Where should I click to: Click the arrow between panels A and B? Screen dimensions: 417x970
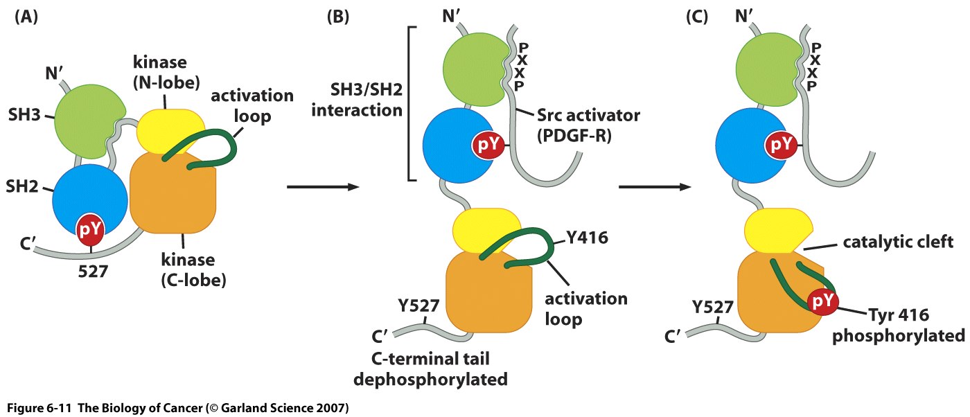pyautogui.click(x=323, y=187)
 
